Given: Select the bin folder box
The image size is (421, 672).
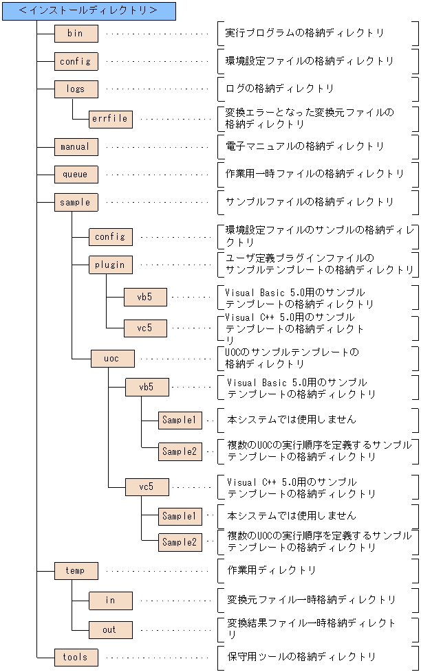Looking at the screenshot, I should [76, 33].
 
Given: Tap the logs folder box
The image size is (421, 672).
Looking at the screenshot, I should [76, 89].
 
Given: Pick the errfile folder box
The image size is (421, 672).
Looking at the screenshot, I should [110, 118].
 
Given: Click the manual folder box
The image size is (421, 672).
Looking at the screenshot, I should [76, 146].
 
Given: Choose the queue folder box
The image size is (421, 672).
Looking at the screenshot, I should [76, 175].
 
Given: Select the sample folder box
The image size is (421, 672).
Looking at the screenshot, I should [76, 203].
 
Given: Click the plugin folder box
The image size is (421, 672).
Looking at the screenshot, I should [110, 265].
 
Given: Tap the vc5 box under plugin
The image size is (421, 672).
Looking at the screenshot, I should [145, 328].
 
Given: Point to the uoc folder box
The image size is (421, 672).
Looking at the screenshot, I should [112, 358].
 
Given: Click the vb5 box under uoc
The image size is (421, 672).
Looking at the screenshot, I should [147, 388].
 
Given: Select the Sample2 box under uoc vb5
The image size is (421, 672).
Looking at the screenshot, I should [180, 451].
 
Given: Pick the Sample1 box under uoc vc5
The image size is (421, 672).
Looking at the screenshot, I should [180, 515].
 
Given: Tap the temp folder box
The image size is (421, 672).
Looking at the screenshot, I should [76, 570].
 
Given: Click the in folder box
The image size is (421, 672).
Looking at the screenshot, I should [110, 601].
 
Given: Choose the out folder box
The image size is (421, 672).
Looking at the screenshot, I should [110, 629].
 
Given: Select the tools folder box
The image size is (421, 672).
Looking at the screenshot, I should [76, 658].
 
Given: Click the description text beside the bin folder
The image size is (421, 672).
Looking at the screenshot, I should [304, 33].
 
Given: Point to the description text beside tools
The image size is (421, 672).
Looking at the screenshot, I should [301, 658].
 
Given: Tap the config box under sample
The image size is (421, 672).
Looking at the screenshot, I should [110, 237].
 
